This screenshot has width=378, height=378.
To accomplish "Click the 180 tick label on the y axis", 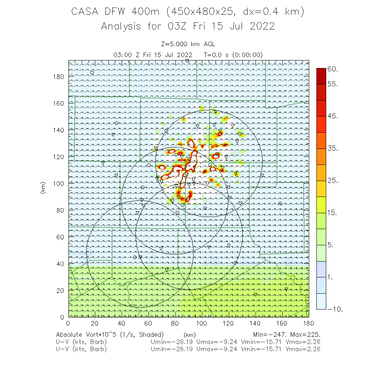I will [x=58, y=76].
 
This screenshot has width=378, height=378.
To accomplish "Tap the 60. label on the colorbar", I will [x=333, y=69].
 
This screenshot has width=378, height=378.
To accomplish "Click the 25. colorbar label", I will [x=333, y=181].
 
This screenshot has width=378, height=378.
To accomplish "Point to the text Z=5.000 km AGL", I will [x=188, y=44].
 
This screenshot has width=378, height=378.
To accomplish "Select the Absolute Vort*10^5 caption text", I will [x=91, y=335].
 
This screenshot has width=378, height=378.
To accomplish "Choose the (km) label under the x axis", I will [x=189, y=335].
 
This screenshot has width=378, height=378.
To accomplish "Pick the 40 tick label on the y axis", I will [x=60, y=263].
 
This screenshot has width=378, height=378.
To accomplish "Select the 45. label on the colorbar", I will [x=333, y=116].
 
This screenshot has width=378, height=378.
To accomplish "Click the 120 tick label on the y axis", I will [x=58, y=156].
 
